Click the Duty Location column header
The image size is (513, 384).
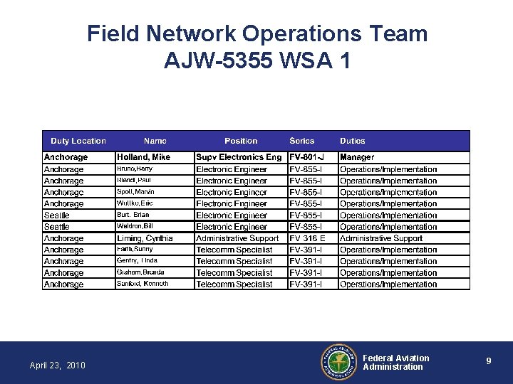pos(78,141)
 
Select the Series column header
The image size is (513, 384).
pos(301,141)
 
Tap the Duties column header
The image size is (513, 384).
pos(353,141)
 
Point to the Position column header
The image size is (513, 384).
pos(241,141)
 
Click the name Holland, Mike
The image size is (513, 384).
pos(143,157)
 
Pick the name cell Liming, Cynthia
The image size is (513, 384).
pos(145,238)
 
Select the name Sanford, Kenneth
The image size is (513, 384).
pos(142,284)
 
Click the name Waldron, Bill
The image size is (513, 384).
pos(135,226)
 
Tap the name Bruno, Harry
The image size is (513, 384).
pos(135,169)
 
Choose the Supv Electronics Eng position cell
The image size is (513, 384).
pos(239,157)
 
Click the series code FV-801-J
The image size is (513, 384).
pos(306,157)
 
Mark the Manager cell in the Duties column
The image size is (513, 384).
pos(357,157)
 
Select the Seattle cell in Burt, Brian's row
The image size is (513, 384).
pos(57,215)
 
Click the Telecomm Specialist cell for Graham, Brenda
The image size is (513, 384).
pos(234,272)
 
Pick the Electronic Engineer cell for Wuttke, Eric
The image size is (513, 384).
pos(232,203)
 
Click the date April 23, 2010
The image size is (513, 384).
pos(57,366)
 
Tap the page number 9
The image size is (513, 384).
pos(488,361)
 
